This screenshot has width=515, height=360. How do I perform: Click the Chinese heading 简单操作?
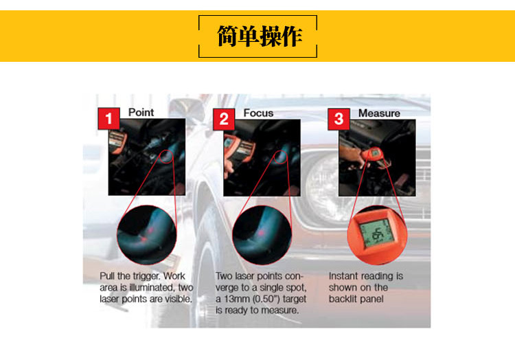[259, 36]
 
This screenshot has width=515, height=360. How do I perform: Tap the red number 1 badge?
[108, 119]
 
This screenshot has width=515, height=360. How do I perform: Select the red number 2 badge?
[224, 120]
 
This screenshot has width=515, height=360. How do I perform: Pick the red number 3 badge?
[339, 120]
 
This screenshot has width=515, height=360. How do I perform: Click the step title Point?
[141, 113]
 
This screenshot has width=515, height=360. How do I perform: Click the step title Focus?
[258, 113]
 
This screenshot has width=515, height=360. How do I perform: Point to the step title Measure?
[379, 113]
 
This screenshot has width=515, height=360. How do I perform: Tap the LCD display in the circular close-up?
[376, 233]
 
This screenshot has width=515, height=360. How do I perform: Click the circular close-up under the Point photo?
[147, 235]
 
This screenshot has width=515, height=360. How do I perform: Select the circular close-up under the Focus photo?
[262, 235]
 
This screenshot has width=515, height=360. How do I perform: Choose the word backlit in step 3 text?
[343, 299]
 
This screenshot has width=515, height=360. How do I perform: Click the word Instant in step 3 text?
[343, 276]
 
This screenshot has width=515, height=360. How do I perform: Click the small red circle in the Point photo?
[167, 157]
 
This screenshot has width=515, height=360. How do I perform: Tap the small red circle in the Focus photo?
[280, 157]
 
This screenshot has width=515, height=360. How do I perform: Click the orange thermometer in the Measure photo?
[373, 156]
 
